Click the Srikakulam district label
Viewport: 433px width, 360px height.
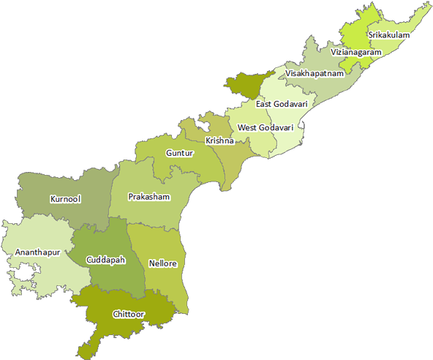[388, 34]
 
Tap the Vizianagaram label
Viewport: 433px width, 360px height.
[355, 53]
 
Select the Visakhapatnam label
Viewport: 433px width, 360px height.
[315, 74]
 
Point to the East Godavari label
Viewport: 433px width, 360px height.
[282, 104]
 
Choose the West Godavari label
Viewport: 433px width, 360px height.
[266, 127]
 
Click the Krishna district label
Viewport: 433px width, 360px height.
[219, 140]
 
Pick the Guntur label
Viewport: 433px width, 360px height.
[179, 154]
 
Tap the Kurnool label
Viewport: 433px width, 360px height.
[65, 199]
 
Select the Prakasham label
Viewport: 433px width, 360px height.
[148, 197]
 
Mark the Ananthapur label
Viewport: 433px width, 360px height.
[37, 252]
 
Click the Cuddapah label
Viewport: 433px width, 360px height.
[105, 260]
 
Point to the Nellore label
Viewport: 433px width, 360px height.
[162, 263]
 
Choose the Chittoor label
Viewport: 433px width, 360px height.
[129, 314]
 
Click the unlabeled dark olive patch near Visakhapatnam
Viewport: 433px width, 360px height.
[241, 84]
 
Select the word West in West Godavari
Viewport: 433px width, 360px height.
[248, 127]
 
